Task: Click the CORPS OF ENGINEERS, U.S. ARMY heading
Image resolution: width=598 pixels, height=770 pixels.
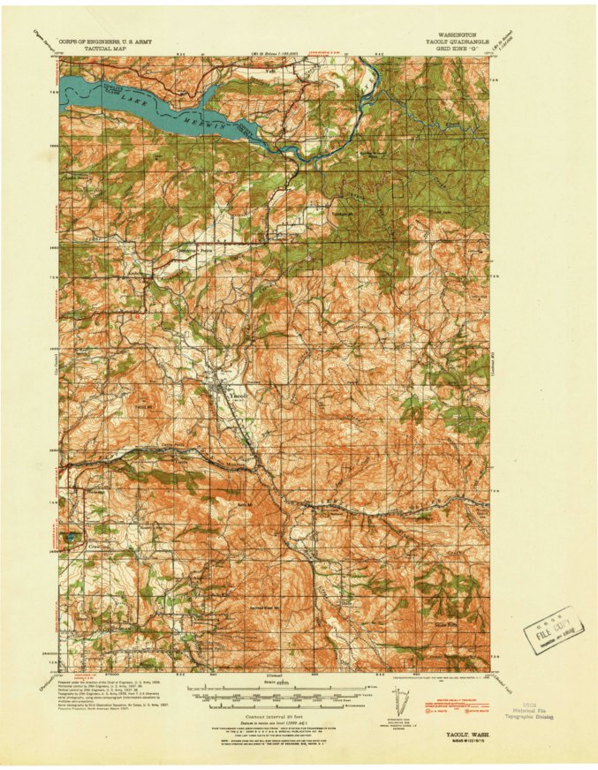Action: [103, 41]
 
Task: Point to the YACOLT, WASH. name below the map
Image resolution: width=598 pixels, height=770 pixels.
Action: [456, 732]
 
